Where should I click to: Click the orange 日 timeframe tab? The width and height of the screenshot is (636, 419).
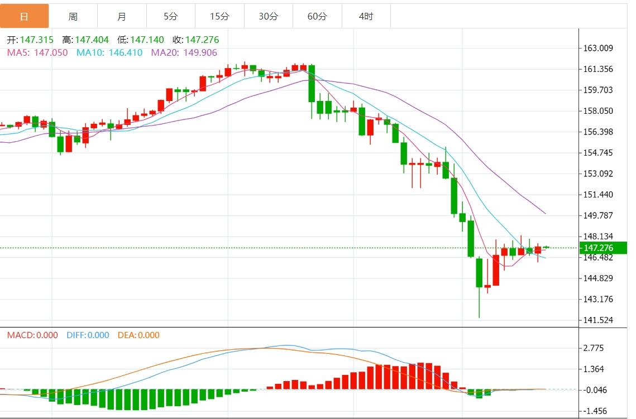pos(24,16)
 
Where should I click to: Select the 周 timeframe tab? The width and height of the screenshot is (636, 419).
pos(73,16)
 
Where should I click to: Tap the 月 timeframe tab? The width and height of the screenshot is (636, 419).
pos(122,16)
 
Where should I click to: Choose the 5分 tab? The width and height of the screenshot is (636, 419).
pos(170,16)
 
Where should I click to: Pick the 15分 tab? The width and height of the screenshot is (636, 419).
pos(219,16)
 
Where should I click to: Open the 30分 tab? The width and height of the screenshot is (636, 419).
pos(268,16)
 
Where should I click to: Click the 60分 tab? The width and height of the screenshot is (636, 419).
pos(317,16)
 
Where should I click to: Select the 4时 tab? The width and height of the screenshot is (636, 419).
pos(366,16)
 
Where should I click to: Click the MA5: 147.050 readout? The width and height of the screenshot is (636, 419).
pos(37,52)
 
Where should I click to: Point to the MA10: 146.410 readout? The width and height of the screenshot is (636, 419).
pos(109,52)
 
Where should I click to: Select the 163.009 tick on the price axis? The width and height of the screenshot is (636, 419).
pos(598,48)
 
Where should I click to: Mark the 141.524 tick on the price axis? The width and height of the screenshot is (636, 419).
pos(598,320)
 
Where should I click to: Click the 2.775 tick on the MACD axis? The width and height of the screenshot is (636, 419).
pos(593,348)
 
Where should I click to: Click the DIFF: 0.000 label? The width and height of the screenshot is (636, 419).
pos(88,335)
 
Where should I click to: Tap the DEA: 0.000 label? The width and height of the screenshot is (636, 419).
pos(138,335)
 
